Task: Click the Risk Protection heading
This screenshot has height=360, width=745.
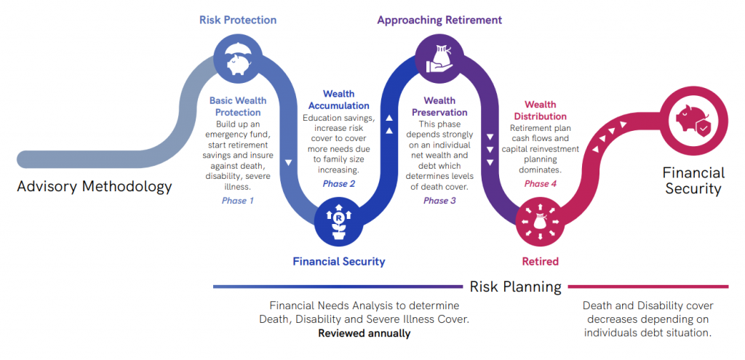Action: (x=238, y=20)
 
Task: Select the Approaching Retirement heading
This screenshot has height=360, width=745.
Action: (x=439, y=20)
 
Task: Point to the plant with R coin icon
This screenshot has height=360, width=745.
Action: (x=339, y=222)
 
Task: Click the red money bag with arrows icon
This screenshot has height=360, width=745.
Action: (x=539, y=222)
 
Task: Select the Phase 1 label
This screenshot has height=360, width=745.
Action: (x=238, y=200)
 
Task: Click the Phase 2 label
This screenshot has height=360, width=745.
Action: (x=339, y=183)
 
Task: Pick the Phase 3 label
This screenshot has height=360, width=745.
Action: (x=439, y=200)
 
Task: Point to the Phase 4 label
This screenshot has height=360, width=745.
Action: (x=541, y=183)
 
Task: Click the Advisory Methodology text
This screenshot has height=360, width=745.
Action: (x=95, y=186)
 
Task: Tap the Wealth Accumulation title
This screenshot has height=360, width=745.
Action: (x=339, y=100)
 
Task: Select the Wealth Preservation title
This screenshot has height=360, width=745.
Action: (x=439, y=106)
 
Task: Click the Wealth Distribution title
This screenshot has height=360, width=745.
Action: (x=541, y=111)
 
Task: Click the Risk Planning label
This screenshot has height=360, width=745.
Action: (x=515, y=287)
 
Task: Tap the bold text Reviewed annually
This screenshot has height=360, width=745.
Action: (x=364, y=333)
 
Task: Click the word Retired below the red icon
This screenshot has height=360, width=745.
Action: (x=540, y=260)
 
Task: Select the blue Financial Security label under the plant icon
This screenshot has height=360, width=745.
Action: (x=339, y=260)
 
